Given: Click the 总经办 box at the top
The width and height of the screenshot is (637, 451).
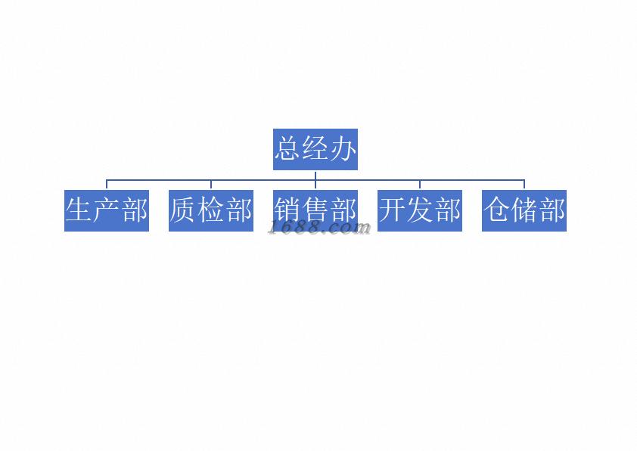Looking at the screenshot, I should click(315, 149).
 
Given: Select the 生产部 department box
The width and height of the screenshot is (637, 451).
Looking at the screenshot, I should click(107, 210).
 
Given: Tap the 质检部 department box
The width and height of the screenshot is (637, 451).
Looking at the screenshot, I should click(211, 210).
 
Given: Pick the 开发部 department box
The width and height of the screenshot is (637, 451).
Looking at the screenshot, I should click(420, 210).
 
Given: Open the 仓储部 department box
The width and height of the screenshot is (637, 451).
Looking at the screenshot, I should click(524, 210).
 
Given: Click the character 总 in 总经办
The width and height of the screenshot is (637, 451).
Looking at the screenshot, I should click(287, 149).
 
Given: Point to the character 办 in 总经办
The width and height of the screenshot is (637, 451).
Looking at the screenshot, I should click(343, 149).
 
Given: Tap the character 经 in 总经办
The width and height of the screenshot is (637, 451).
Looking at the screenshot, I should click(315, 149).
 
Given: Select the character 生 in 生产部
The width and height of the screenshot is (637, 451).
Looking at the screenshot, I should click(79, 210).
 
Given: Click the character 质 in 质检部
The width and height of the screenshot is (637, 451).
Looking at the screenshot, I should click(184, 210).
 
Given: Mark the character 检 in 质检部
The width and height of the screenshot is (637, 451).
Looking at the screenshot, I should click(211, 210).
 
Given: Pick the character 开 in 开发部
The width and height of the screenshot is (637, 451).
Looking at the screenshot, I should click(393, 210).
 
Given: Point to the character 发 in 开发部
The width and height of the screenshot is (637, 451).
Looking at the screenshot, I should click(420, 210).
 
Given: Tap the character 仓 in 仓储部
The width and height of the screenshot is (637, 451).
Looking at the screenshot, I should click(497, 210).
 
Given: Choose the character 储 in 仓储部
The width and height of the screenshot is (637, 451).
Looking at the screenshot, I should click(524, 210).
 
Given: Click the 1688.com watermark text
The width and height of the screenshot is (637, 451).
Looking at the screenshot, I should click(319, 227).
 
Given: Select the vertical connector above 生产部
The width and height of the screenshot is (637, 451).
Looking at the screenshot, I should click(107, 185).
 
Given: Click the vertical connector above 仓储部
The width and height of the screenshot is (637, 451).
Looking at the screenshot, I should click(524, 185).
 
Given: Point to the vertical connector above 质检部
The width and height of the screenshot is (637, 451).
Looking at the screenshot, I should click(211, 185).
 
